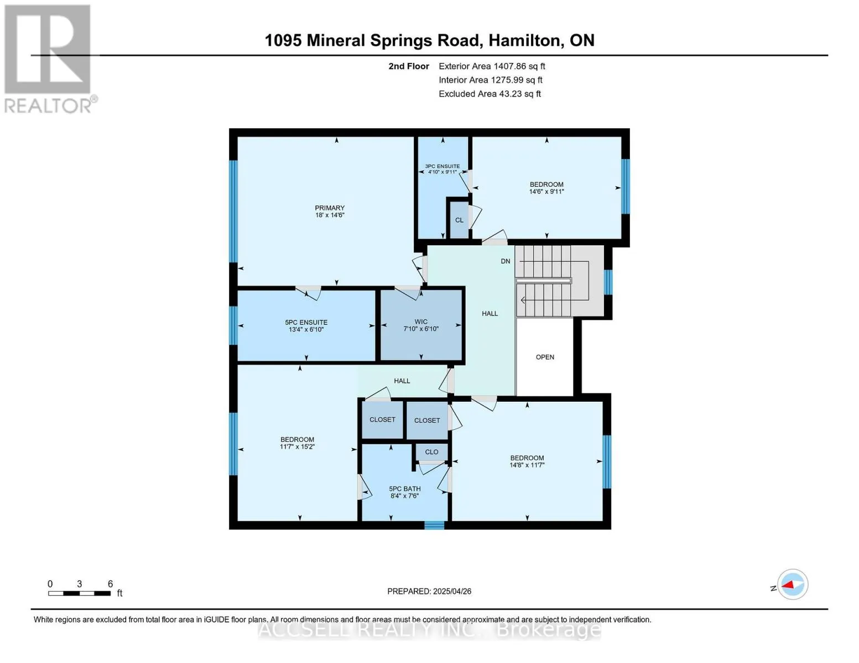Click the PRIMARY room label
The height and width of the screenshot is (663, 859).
329,208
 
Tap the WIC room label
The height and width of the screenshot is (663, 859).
421,322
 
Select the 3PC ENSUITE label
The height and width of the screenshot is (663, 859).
442,166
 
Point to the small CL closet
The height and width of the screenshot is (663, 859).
459,220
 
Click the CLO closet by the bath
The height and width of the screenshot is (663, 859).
431,452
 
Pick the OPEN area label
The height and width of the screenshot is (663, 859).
545,357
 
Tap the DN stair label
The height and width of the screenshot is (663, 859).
505,261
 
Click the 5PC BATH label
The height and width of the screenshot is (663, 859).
404,489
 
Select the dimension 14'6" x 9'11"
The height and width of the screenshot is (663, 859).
546,192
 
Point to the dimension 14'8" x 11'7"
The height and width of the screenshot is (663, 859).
527,465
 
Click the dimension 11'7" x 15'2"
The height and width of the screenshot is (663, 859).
297,446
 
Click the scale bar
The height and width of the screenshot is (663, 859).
79,593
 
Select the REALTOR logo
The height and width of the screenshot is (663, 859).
49,59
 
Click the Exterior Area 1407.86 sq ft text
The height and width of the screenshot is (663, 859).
492,66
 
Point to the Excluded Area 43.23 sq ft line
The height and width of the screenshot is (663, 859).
490,94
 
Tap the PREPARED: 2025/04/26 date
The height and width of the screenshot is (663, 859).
429,592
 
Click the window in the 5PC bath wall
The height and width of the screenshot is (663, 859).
434,525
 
